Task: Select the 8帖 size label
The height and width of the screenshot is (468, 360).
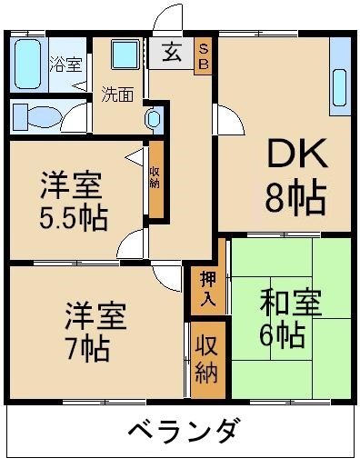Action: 295,197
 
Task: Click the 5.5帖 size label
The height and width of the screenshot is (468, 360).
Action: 73,219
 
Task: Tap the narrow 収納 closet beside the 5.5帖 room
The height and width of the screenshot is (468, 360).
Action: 155,180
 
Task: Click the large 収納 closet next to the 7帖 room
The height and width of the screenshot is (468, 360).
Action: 206,360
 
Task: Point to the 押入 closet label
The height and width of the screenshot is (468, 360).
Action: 206,287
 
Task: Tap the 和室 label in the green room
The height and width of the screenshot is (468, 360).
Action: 290,303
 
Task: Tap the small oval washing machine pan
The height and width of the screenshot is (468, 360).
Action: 154,117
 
